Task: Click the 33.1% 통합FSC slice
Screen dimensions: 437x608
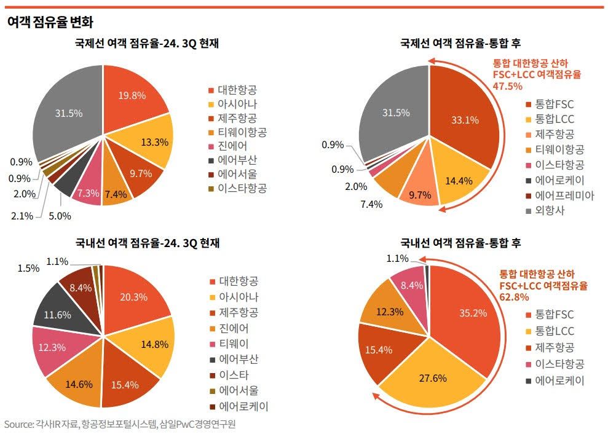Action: click(x=464, y=120)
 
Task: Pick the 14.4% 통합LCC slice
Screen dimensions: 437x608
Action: click(x=460, y=181)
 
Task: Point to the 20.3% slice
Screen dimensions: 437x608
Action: click(x=133, y=297)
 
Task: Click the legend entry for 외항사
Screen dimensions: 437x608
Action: click(x=551, y=210)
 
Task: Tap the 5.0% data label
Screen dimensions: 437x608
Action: click(x=60, y=216)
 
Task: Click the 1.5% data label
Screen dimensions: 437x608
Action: click(x=28, y=268)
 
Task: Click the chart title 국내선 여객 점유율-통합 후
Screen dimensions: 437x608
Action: click(x=460, y=243)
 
